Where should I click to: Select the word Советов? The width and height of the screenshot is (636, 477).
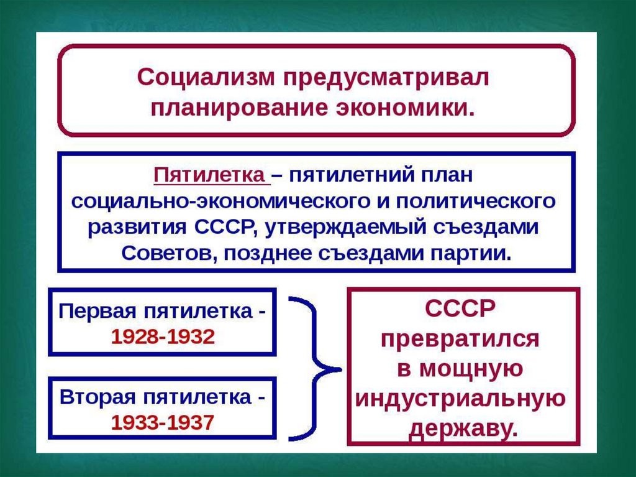pos(166,253)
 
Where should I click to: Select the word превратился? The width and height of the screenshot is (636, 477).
pos(460,339)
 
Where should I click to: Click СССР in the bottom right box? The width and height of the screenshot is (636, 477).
pos(460,309)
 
